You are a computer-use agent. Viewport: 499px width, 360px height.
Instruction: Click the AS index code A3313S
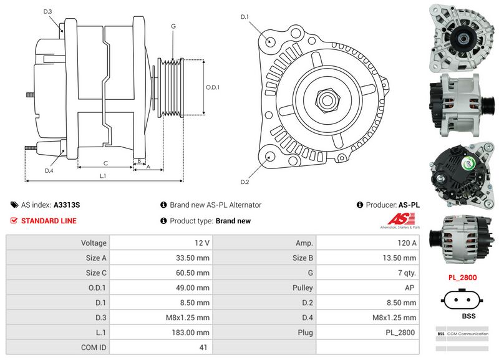[67, 205]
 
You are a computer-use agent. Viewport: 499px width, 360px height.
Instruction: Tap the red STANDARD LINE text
[49, 221]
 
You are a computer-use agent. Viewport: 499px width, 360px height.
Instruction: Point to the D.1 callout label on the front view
[245, 17]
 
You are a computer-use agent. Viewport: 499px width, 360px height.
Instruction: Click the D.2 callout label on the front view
[245, 182]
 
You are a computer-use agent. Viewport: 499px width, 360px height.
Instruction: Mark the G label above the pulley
[173, 27]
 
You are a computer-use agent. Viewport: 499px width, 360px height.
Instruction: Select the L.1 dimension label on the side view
[103, 177]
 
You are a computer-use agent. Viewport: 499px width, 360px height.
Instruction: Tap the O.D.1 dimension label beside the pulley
[213, 87]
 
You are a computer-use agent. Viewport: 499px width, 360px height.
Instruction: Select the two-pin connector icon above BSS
[462, 300]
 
